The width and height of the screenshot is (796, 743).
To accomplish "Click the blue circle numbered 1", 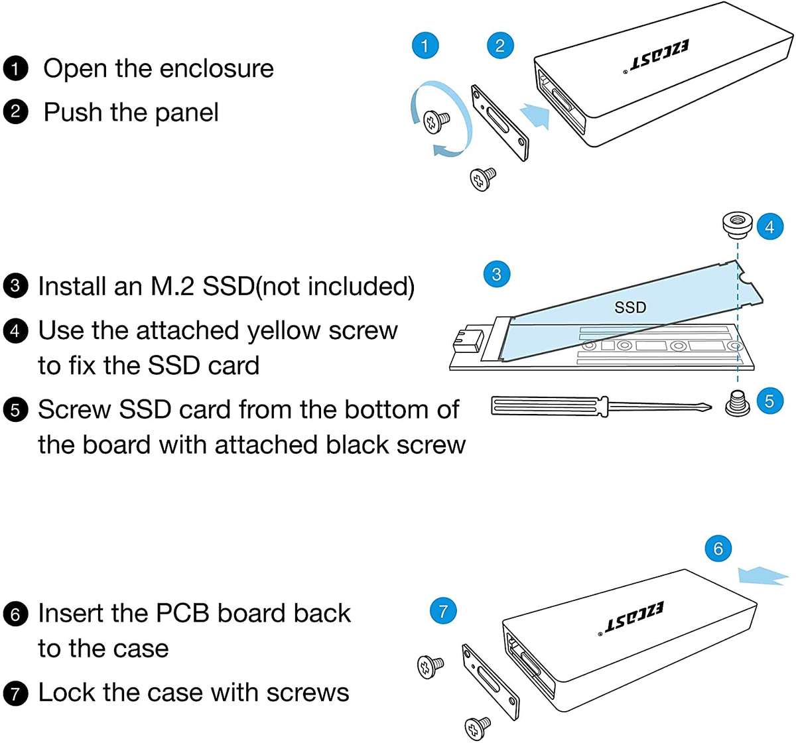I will click(x=425, y=45).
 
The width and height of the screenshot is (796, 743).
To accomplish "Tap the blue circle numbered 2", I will click(x=499, y=45).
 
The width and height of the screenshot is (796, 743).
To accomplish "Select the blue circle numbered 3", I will click(x=497, y=273).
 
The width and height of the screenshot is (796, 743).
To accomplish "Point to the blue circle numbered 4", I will click(x=769, y=227).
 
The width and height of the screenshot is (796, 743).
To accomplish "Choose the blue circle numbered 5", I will click(x=769, y=401).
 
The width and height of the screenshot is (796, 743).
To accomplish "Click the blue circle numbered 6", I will click(x=718, y=549).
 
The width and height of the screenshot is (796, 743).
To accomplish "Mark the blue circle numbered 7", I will click(x=443, y=610).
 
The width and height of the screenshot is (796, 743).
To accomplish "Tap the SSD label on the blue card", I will click(x=630, y=307).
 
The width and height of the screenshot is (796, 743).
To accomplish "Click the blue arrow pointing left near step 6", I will click(x=763, y=574).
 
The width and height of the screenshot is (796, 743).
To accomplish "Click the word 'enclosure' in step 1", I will click(x=216, y=68).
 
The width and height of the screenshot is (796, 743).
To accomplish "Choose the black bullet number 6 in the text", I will click(x=15, y=614).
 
